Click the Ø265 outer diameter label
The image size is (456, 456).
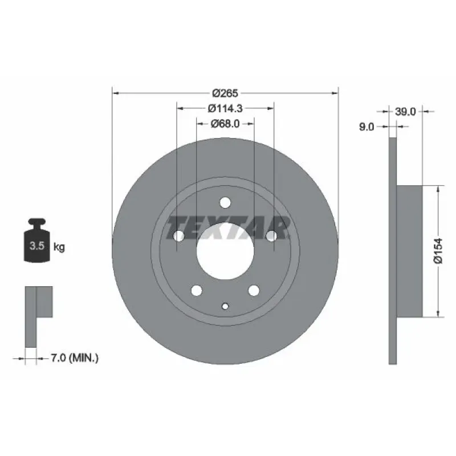[225, 93]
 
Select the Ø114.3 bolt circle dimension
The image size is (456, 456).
[225, 108]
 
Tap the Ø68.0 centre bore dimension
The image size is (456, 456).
[225, 124]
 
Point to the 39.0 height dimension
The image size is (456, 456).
[405, 111]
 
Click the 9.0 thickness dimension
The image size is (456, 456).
[367, 127]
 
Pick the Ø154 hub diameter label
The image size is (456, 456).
[438, 251]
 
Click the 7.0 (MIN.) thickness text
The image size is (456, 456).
[75, 358]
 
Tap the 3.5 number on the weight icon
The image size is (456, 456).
[37, 246]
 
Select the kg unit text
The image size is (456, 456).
[59, 247]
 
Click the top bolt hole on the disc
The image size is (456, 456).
[225, 203]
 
